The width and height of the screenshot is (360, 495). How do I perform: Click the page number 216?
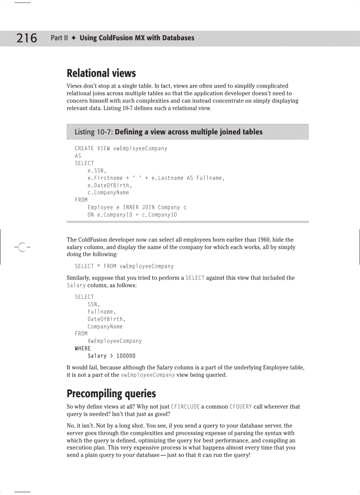pos(27,38)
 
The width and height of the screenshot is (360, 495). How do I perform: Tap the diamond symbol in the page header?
pos(74,38)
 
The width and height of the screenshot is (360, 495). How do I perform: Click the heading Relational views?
pos(101,73)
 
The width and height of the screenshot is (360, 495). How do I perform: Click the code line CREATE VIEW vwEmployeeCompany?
pos(121,149)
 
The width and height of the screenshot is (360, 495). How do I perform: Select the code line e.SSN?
pos(97,171)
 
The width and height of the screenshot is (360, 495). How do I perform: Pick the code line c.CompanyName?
pos(108,193)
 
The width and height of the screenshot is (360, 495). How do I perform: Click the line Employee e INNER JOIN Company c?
pos(137,207)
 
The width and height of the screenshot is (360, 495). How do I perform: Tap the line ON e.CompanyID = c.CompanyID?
pos(132,215)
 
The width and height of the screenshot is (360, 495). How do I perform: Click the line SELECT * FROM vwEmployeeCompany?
pos(124,266)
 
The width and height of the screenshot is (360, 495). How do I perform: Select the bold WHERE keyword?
pos(82,348)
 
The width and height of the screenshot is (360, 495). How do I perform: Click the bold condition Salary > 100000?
pos(111,356)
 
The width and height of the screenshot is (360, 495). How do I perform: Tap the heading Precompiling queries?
pos(111,393)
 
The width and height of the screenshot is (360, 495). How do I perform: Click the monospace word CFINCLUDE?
pos(185,407)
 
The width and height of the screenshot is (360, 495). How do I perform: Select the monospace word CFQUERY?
pos(240,407)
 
